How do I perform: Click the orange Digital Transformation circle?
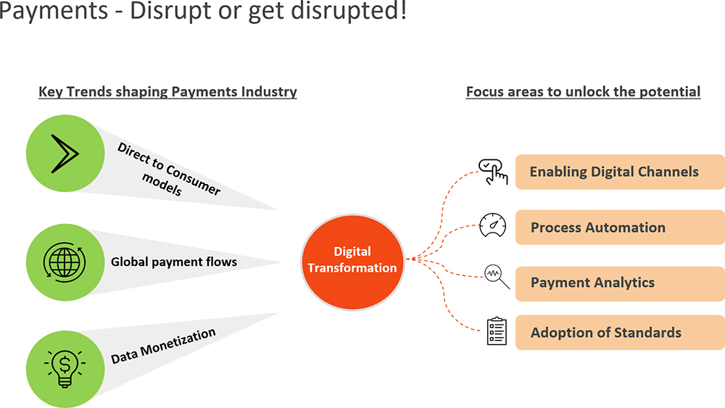coord(352,259)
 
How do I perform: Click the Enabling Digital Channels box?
coord(620,172)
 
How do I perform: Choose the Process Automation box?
coord(620,228)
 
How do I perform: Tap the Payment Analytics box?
coord(620,283)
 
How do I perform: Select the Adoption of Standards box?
coord(620,333)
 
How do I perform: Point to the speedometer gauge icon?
coord(493,226)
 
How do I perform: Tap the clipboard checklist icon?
coord(497,331)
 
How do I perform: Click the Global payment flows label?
coord(174,261)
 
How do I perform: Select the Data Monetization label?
coord(164,346)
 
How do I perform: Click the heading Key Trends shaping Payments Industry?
coord(167,92)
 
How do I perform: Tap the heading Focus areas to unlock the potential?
coord(583,92)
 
